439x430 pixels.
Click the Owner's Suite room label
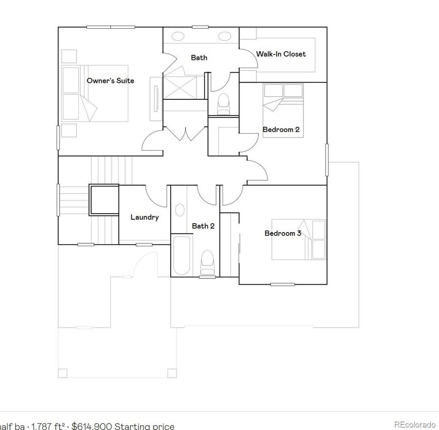click(x=110, y=81)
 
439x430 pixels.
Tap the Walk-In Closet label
click(x=281, y=54)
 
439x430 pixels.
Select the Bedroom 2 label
click(x=281, y=129)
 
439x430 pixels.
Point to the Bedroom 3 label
click(x=283, y=233)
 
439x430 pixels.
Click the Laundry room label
click(x=144, y=217)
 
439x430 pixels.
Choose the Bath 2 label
click(x=203, y=226)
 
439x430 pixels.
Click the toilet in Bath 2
click(x=207, y=262)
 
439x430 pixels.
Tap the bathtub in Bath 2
click(x=181, y=255)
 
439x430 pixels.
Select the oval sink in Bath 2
click(x=180, y=210)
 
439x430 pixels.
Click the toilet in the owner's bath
click(x=223, y=104)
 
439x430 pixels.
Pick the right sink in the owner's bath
click(x=224, y=36)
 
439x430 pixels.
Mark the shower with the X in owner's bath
click(x=183, y=87)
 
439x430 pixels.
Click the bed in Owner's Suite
click(x=95, y=93)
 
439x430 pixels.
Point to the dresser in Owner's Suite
click(x=155, y=99)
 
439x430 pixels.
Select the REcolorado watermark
click(x=415, y=424)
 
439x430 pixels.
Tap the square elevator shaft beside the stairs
click(x=104, y=200)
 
